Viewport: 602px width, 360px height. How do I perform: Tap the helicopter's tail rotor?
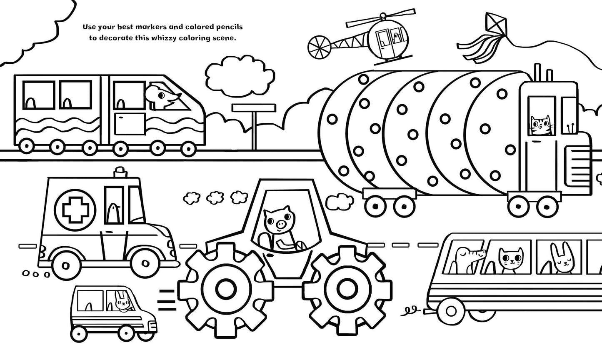click(x=319, y=45)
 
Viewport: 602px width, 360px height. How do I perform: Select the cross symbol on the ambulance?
click(x=77, y=208)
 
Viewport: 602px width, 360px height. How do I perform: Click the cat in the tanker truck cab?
click(x=540, y=125)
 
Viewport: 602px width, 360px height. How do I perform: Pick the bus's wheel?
click(x=451, y=310)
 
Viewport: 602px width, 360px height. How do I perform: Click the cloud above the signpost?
click(x=236, y=73)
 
